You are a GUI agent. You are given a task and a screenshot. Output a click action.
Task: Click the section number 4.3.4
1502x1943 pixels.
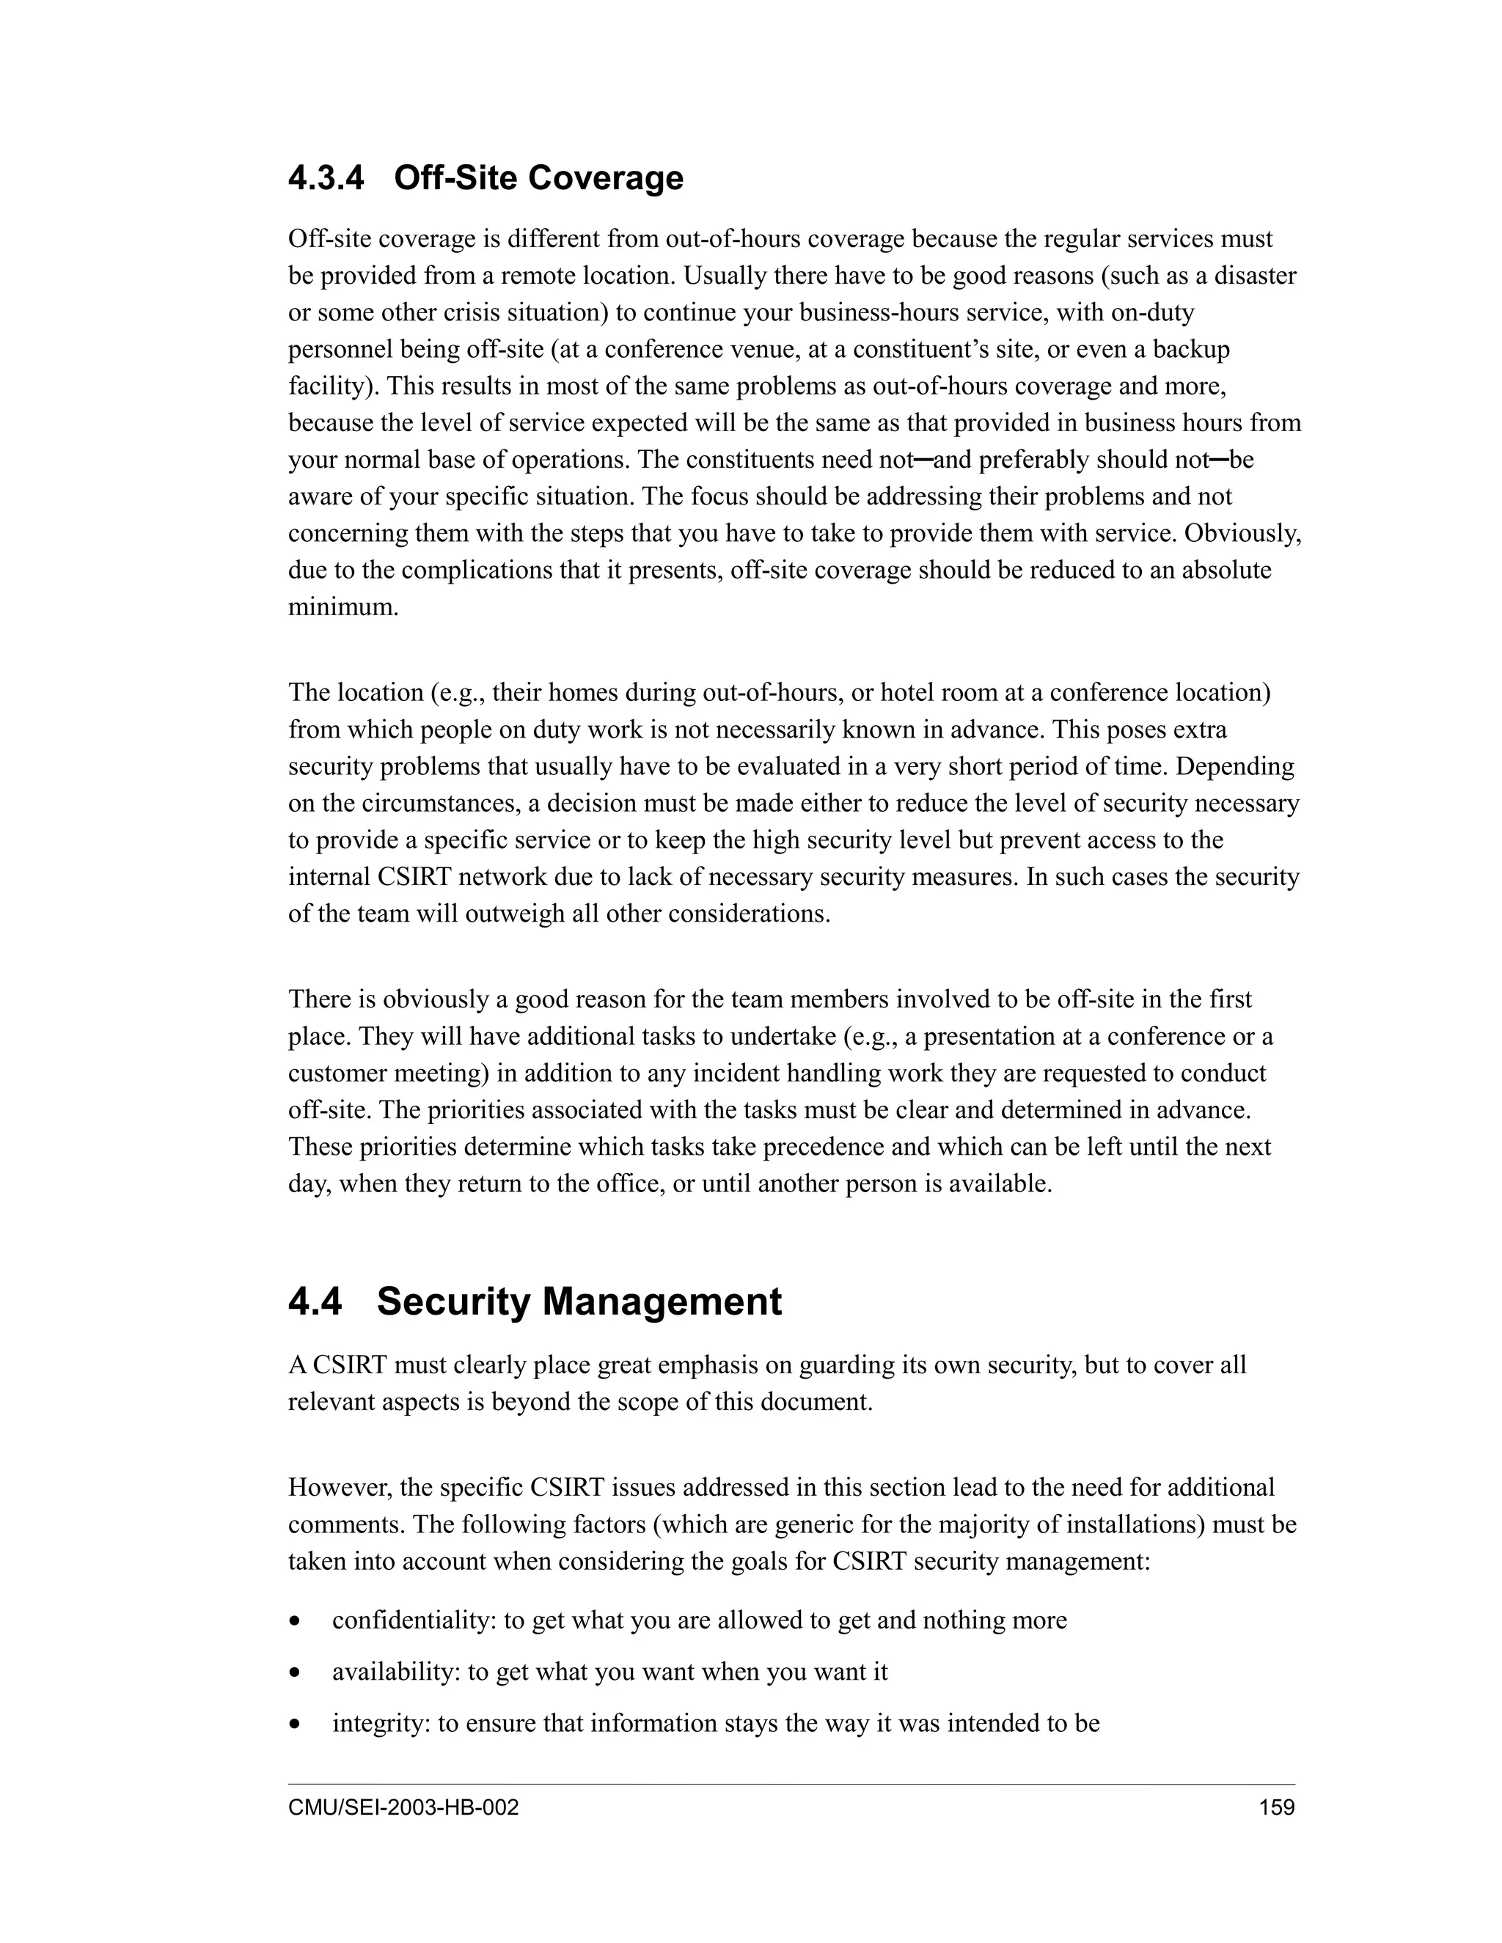pyautogui.click(x=326, y=179)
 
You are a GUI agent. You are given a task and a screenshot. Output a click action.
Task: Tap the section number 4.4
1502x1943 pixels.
pyautogui.click(x=314, y=1301)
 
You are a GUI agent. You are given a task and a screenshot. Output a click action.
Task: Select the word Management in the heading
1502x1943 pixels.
pyautogui.click(x=662, y=1301)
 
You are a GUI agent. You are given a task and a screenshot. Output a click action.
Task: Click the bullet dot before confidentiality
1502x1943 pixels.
pyautogui.click(x=295, y=1622)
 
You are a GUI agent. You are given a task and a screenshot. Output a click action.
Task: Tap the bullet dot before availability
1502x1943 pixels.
pyautogui.click(x=295, y=1673)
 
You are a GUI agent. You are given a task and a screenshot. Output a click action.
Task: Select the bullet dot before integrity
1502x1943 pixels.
pyautogui.click(x=295, y=1725)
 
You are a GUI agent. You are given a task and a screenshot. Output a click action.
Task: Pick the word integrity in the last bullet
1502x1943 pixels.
pyautogui.click(x=381, y=1725)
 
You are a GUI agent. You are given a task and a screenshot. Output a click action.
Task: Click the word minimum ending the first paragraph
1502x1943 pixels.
pyautogui.click(x=342, y=608)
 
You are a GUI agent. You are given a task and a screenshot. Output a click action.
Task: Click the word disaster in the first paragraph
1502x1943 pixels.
pyautogui.click(x=1256, y=276)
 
